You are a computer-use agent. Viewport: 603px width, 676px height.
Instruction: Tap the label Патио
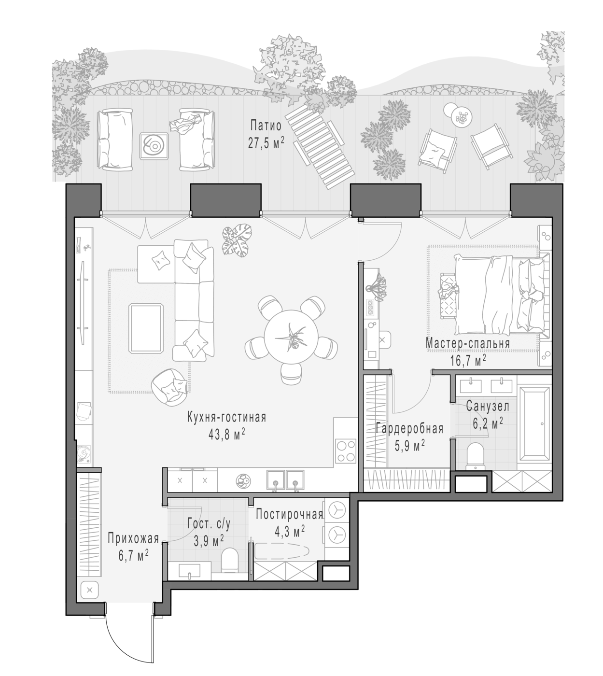[x=266, y=126]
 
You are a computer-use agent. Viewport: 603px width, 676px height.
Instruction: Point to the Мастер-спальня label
[x=468, y=343]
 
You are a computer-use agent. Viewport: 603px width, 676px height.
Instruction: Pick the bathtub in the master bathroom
[x=534, y=423]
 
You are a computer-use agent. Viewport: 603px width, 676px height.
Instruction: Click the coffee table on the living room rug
[x=146, y=328]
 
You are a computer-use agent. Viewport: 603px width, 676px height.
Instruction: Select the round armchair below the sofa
[x=168, y=387]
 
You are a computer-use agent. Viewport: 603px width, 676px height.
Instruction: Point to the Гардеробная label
[x=409, y=428]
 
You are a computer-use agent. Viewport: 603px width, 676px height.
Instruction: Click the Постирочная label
[x=289, y=515]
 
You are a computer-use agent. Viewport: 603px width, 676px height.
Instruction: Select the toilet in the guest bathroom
[x=230, y=561]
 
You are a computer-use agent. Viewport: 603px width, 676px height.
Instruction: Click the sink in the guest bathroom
[x=190, y=570]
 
